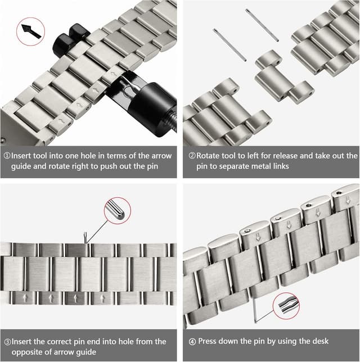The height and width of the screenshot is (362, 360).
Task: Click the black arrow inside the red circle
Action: (x=31, y=31)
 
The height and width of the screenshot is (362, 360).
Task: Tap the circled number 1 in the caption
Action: (x=7, y=156)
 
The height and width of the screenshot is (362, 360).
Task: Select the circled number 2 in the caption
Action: (x=192, y=156)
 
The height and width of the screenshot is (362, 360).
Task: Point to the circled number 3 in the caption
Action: (x=7, y=341)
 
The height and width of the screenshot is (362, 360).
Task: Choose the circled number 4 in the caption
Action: (x=193, y=341)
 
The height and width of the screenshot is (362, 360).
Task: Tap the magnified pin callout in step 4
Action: (x=285, y=307)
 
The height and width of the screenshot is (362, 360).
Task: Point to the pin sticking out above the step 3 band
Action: (x=85, y=238)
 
